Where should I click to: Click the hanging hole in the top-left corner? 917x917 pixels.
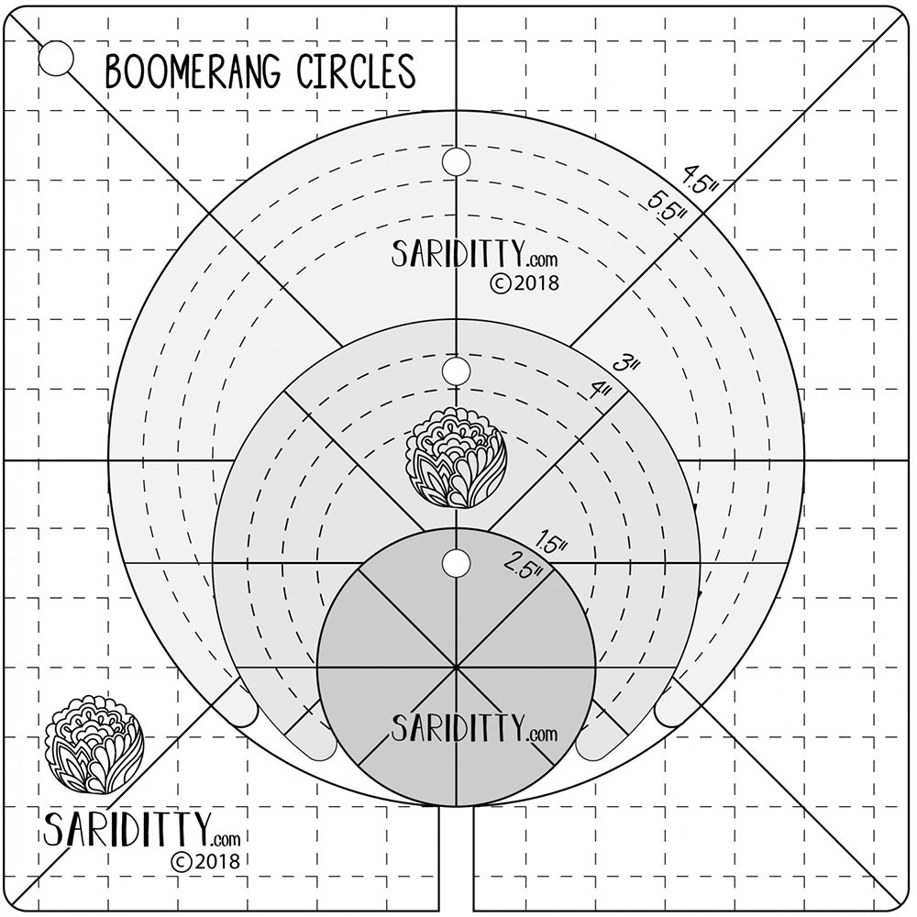point(57,59)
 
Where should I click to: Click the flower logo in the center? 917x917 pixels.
point(456,457)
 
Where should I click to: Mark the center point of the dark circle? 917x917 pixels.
point(456,668)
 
